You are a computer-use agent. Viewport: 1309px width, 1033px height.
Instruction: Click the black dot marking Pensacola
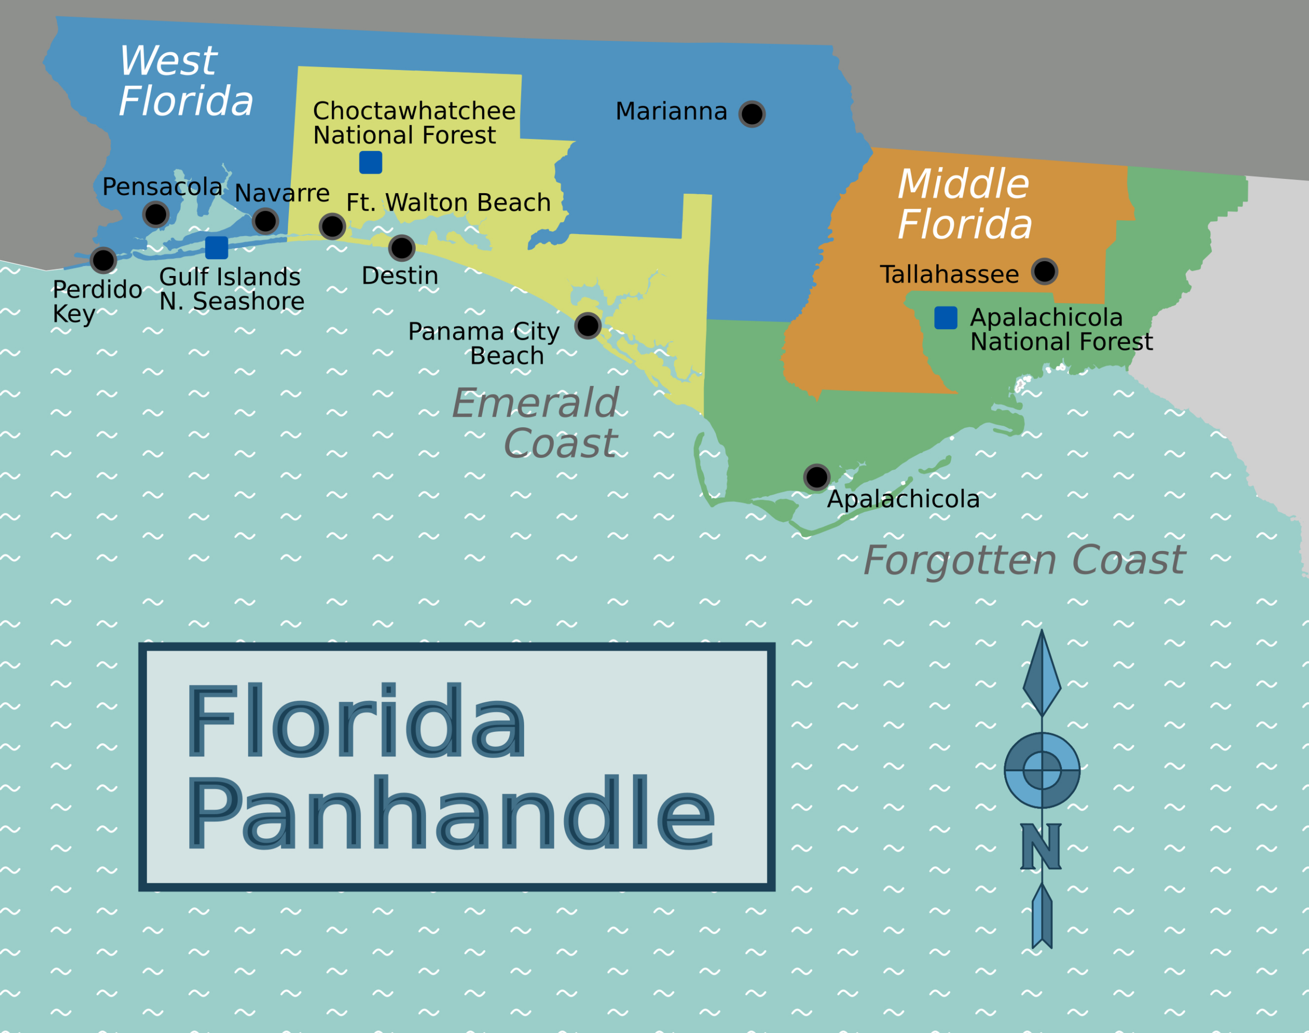pos(155,214)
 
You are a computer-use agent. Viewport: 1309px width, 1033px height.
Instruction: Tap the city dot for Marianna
pos(752,113)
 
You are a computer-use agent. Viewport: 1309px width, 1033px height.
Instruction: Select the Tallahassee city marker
pos(1045,271)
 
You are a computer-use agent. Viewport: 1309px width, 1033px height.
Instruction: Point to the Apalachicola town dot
pos(817,477)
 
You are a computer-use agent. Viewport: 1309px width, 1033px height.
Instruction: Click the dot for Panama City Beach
pos(588,326)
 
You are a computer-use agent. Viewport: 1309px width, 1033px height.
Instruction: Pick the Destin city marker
pos(402,248)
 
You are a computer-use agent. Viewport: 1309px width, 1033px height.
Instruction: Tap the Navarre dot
pos(265,221)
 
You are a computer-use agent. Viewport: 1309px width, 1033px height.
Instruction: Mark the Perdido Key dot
pos(103,261)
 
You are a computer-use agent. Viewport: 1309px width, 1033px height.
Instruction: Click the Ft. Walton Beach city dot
pos(332,227)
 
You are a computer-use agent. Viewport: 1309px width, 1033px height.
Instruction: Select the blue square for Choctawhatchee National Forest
pos(371,163)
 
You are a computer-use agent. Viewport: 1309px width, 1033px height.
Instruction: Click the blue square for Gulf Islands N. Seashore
pos(217,248)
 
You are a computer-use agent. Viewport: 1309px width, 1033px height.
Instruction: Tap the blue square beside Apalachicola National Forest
pos(945,318)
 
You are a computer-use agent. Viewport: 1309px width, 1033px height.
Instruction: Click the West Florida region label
pos(186,81)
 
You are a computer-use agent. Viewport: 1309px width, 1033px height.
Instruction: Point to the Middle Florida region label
pos(964,204)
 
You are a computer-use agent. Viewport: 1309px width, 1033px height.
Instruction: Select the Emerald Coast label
pos(536,423)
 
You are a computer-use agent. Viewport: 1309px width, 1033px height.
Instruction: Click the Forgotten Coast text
pos(1024,560)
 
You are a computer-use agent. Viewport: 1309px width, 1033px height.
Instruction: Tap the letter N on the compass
pos(1041,847)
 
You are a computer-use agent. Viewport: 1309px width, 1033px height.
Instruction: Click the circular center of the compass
pos(1042,770)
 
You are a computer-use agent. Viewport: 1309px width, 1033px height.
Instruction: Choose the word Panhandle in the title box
pos(450,814)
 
